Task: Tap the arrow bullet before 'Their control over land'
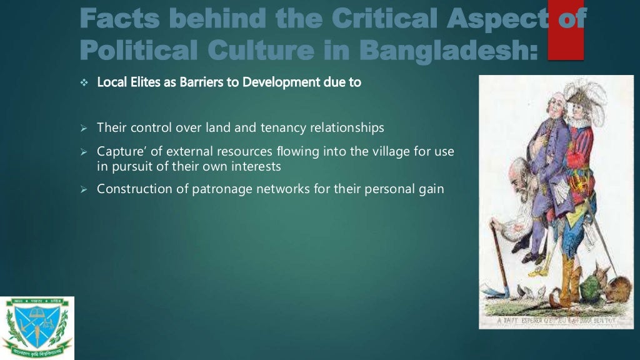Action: (86, 128)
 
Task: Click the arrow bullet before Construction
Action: (86, 189)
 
